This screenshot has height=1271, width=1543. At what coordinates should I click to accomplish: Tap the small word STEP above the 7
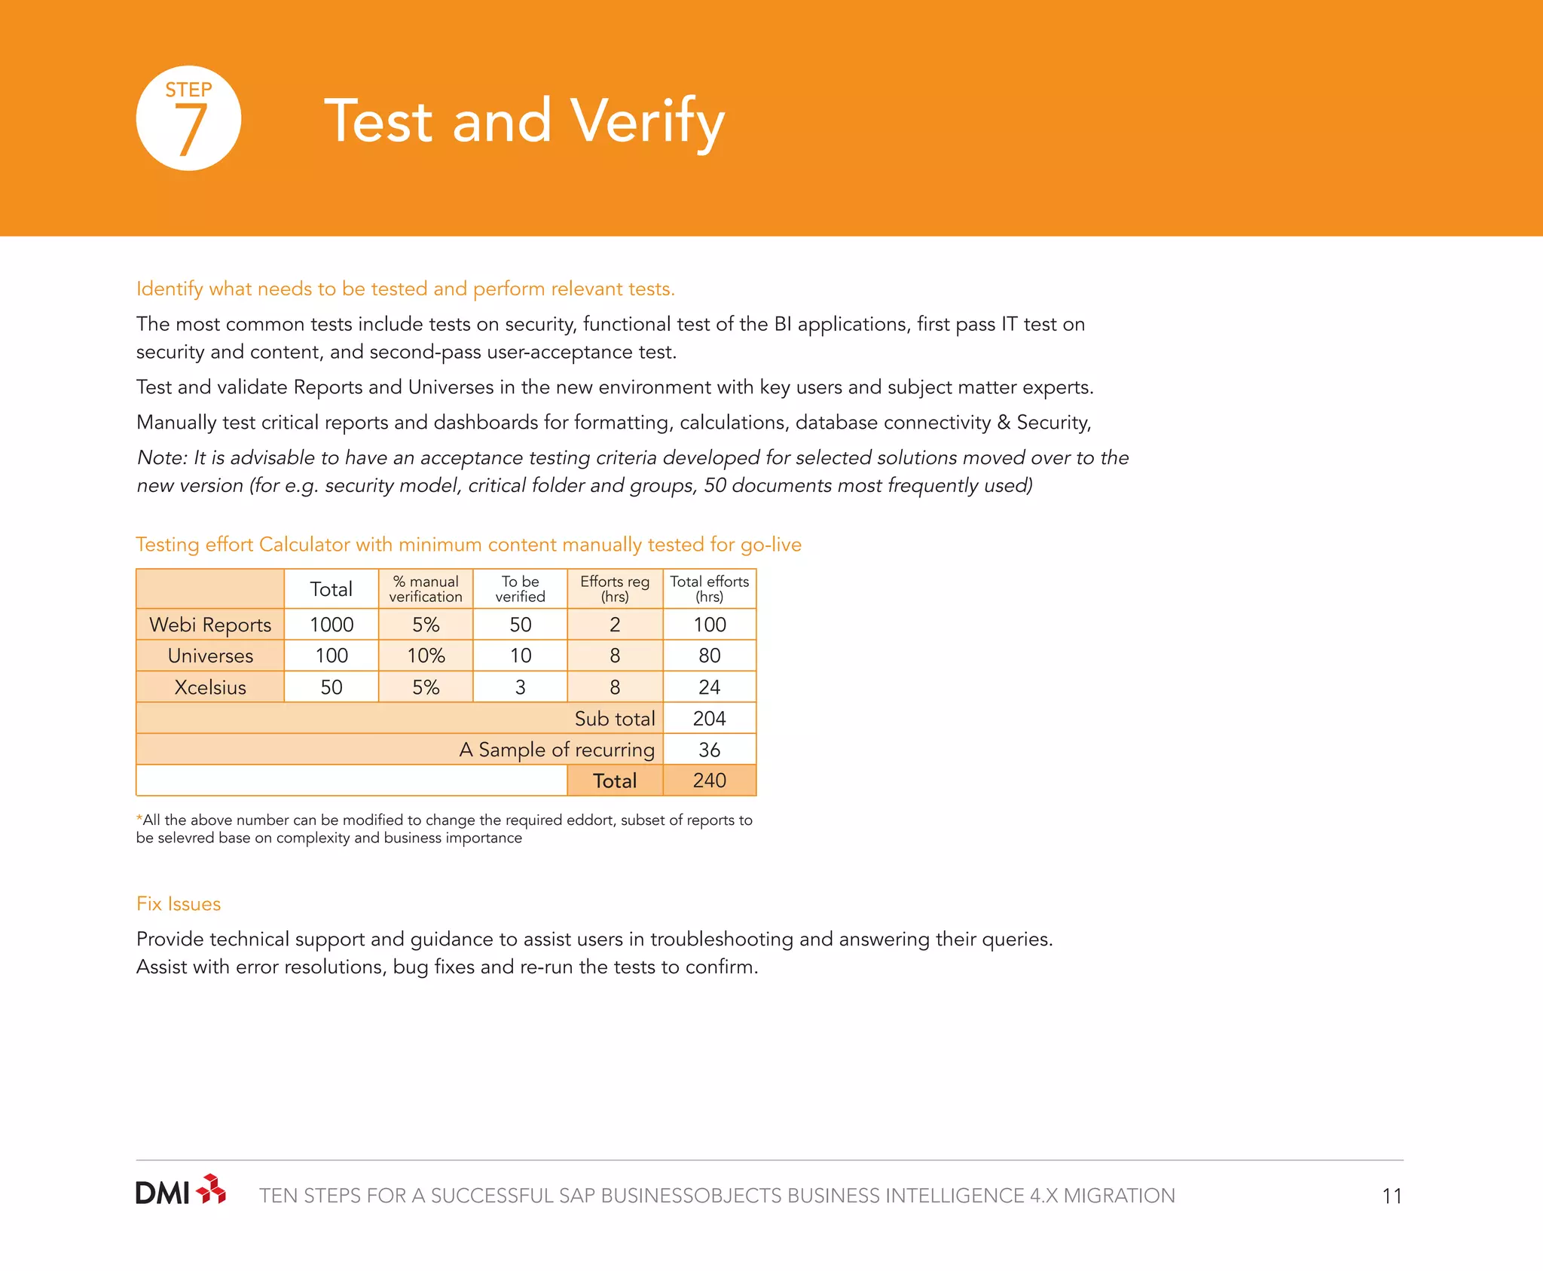point(188,90)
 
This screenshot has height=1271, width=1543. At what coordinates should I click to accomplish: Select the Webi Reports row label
point(210,625)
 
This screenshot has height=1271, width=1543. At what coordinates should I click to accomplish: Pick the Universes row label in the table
point(210,656)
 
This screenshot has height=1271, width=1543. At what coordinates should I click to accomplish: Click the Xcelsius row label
point(210,687)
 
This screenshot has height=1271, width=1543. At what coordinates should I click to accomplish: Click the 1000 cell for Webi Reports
point(332,625)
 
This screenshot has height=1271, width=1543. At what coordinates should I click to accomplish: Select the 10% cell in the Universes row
point(426,656)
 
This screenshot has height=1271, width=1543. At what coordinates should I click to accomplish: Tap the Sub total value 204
point(709,719)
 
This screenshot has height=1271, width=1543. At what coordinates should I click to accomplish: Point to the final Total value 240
point(709,781)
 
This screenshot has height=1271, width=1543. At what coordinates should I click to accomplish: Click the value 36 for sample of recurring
point(709,750)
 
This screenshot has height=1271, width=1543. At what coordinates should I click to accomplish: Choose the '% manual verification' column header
point(426,589)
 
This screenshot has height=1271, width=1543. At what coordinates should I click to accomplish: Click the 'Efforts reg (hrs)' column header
point(615,589)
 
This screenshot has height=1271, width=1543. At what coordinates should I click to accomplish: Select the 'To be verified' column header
point(520,589)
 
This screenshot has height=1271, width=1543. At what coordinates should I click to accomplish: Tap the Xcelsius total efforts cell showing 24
point(709,687)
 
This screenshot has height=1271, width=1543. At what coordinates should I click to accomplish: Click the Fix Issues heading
point(179,904)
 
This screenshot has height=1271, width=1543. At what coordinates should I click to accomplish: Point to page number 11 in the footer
point(1392,1196)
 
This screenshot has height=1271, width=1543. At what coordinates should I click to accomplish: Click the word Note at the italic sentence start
point(160,458)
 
